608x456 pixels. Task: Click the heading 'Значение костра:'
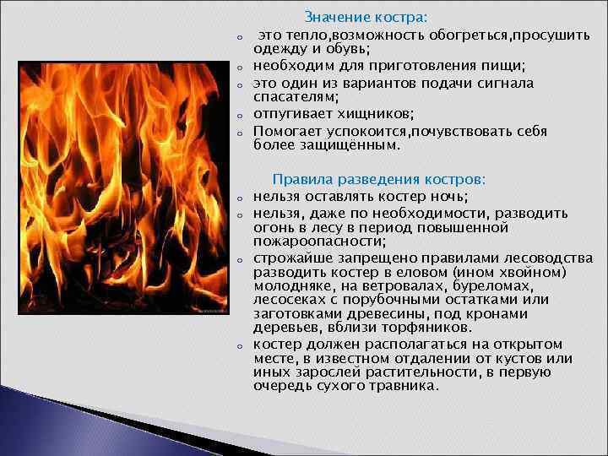366,17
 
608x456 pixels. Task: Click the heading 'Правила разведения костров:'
378,179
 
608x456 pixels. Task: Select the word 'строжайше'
290,257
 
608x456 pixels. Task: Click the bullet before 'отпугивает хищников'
240,117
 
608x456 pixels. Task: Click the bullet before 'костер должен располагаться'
240,345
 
